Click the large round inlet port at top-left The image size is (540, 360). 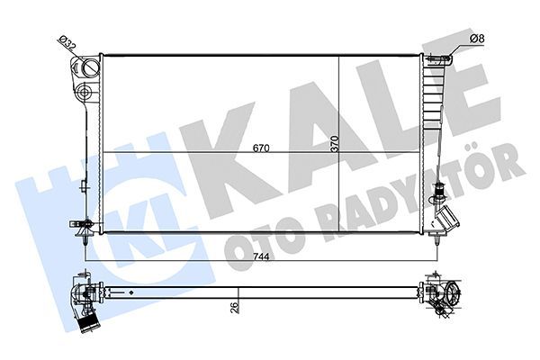[x=88, y=69]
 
